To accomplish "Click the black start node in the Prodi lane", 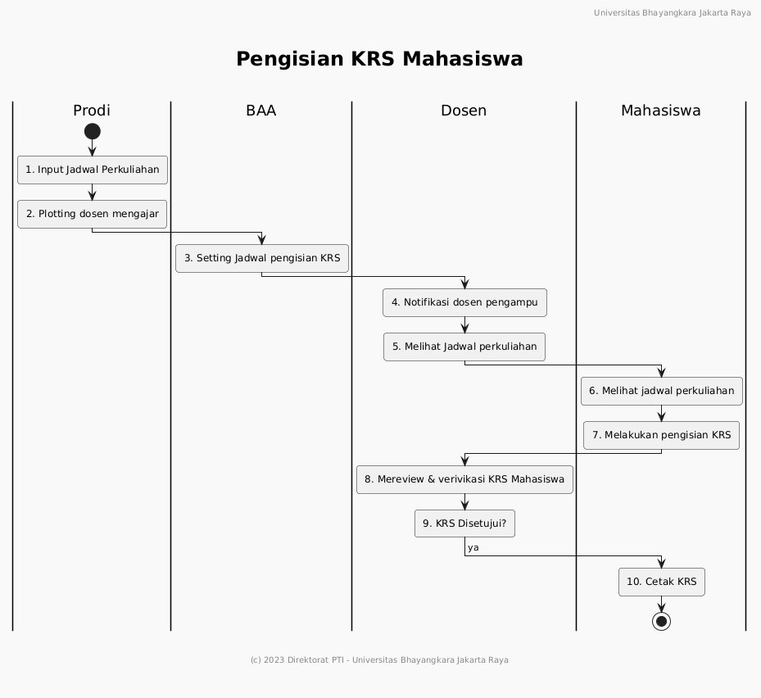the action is point(93,132).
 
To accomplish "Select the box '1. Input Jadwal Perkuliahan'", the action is point(93,170).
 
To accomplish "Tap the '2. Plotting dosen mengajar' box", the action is point(93,214).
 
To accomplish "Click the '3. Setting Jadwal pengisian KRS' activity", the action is point(262,258).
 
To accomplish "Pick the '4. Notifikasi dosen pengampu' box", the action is point(464,302).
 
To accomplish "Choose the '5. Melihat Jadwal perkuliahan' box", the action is point(464,347).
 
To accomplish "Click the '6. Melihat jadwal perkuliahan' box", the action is point(662,391).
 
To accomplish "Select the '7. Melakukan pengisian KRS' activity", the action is point(662,435).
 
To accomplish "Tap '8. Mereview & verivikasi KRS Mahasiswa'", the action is point(464,479).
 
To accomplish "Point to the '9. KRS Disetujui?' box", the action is point(464,523).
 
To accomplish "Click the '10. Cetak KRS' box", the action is point(662,582).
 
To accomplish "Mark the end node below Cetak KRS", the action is point(662,621).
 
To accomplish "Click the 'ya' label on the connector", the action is point(473,547).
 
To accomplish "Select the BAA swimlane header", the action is point(261,111).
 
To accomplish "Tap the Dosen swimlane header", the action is point(464,111).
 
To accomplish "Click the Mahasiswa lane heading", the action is point(661,111).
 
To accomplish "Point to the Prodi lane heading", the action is point(92,111).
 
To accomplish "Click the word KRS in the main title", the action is point(373,59).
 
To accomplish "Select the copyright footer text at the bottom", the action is point(379,660).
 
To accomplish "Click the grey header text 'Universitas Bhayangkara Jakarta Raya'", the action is point(673,13).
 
